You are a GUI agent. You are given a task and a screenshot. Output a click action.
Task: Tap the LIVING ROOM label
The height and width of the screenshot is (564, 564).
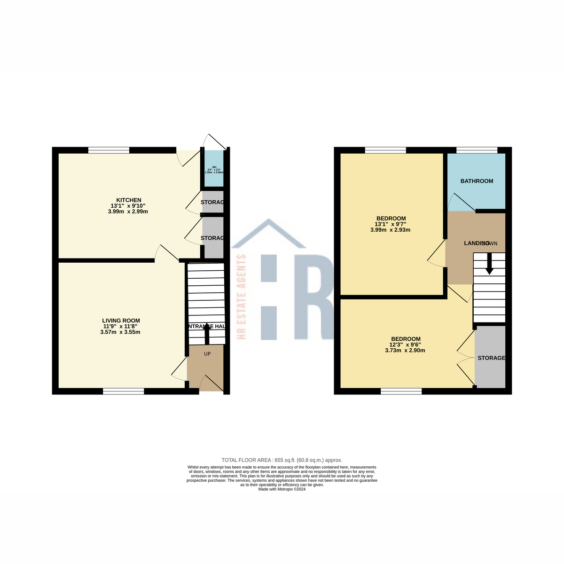pos(121,321)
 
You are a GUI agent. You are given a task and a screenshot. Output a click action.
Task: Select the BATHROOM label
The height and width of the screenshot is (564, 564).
pos(477,181)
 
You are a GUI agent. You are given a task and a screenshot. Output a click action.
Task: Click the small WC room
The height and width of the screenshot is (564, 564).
pos(214,169)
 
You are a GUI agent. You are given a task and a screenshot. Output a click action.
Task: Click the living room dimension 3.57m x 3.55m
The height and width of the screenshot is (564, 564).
pos(120,332)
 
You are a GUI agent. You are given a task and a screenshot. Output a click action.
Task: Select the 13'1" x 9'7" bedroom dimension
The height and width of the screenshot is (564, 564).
pos(391,224)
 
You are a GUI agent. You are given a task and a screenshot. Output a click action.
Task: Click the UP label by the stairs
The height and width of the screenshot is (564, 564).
pos(207,354)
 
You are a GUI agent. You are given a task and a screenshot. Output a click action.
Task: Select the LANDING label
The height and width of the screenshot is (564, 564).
pos(476,243)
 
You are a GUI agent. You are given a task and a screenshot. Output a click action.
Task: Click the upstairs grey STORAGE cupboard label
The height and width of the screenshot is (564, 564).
pos(491,358)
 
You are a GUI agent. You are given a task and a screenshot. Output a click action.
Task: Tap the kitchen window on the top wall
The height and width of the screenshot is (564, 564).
pos(109,150)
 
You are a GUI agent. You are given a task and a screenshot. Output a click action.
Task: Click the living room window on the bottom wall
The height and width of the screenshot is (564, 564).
pos(124,391)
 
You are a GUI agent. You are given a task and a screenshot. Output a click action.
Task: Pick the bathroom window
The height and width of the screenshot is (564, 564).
pos(477,150)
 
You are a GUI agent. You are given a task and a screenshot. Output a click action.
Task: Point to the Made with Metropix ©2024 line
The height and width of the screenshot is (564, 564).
pos(282,489)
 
